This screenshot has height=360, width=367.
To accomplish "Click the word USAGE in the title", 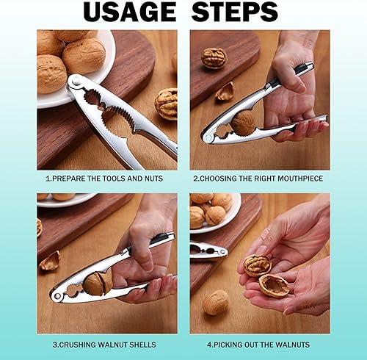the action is coord(129,12).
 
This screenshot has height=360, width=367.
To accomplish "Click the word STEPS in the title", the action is coord(234,12).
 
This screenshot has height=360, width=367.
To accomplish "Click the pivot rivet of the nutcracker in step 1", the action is coord(76,81).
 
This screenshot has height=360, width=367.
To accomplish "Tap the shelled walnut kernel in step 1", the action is coord(167,104).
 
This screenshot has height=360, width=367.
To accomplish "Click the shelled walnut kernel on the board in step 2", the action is coord(214,58).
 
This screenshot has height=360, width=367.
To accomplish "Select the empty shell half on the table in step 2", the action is coord(225,92).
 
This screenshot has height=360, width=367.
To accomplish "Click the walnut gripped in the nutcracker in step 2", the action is coord(244,123).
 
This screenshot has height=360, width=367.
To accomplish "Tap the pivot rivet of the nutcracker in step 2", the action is coord(208,138).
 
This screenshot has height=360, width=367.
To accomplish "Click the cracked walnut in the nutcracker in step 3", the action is coord(98,283).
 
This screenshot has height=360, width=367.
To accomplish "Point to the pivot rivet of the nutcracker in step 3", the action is coord(58,296).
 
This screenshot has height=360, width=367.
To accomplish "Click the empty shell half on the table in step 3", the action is coord(50,261).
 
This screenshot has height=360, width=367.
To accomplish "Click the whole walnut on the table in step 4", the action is coord(216,302).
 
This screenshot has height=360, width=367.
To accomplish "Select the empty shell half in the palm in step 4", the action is coord(274,285).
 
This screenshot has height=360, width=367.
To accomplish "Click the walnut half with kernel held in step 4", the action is coord(258,265).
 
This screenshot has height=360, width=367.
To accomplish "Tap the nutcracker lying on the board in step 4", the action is coord(208,251).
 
